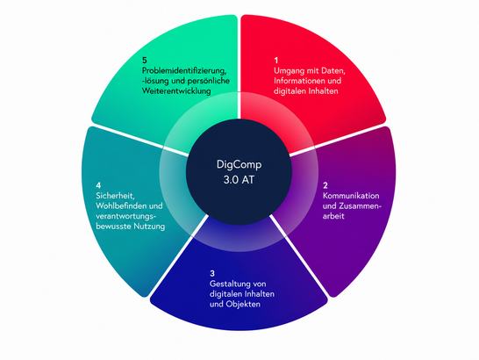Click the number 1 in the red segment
click(276, 61)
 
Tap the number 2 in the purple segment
click(325, 185)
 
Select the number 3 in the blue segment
click(212, 273)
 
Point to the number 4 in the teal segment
click(98, 185)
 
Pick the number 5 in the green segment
click(145, 60)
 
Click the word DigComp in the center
click(239, 165)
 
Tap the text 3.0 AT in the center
click(239, 179)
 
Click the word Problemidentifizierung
click(184, 71)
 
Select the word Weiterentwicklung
click(176, 90)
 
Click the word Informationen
click(298, 81)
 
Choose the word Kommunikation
click(351, 196)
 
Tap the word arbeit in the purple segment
click(333, 216)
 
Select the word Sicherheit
click(115, 196)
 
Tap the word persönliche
click(208, 81)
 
